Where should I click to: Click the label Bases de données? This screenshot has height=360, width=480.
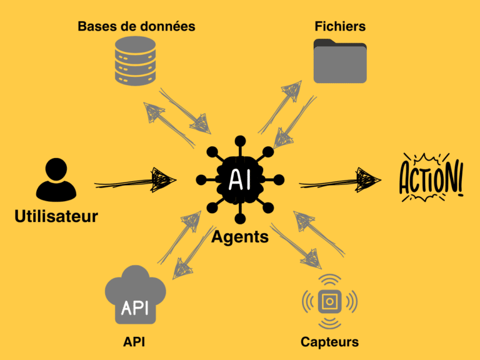point(136,26)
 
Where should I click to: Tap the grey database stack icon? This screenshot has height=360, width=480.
point(135,61)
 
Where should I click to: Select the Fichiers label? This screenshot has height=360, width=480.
point(340,26)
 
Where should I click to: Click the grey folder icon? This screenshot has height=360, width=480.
point(340,61)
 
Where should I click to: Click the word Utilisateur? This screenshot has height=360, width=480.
point(56,217)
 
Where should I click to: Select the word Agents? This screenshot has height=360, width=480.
point(240,237)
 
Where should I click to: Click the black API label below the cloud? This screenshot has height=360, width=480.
point(135,341)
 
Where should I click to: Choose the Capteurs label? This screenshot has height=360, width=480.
point(329,341)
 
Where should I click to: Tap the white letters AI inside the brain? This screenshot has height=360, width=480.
point(239,179)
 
